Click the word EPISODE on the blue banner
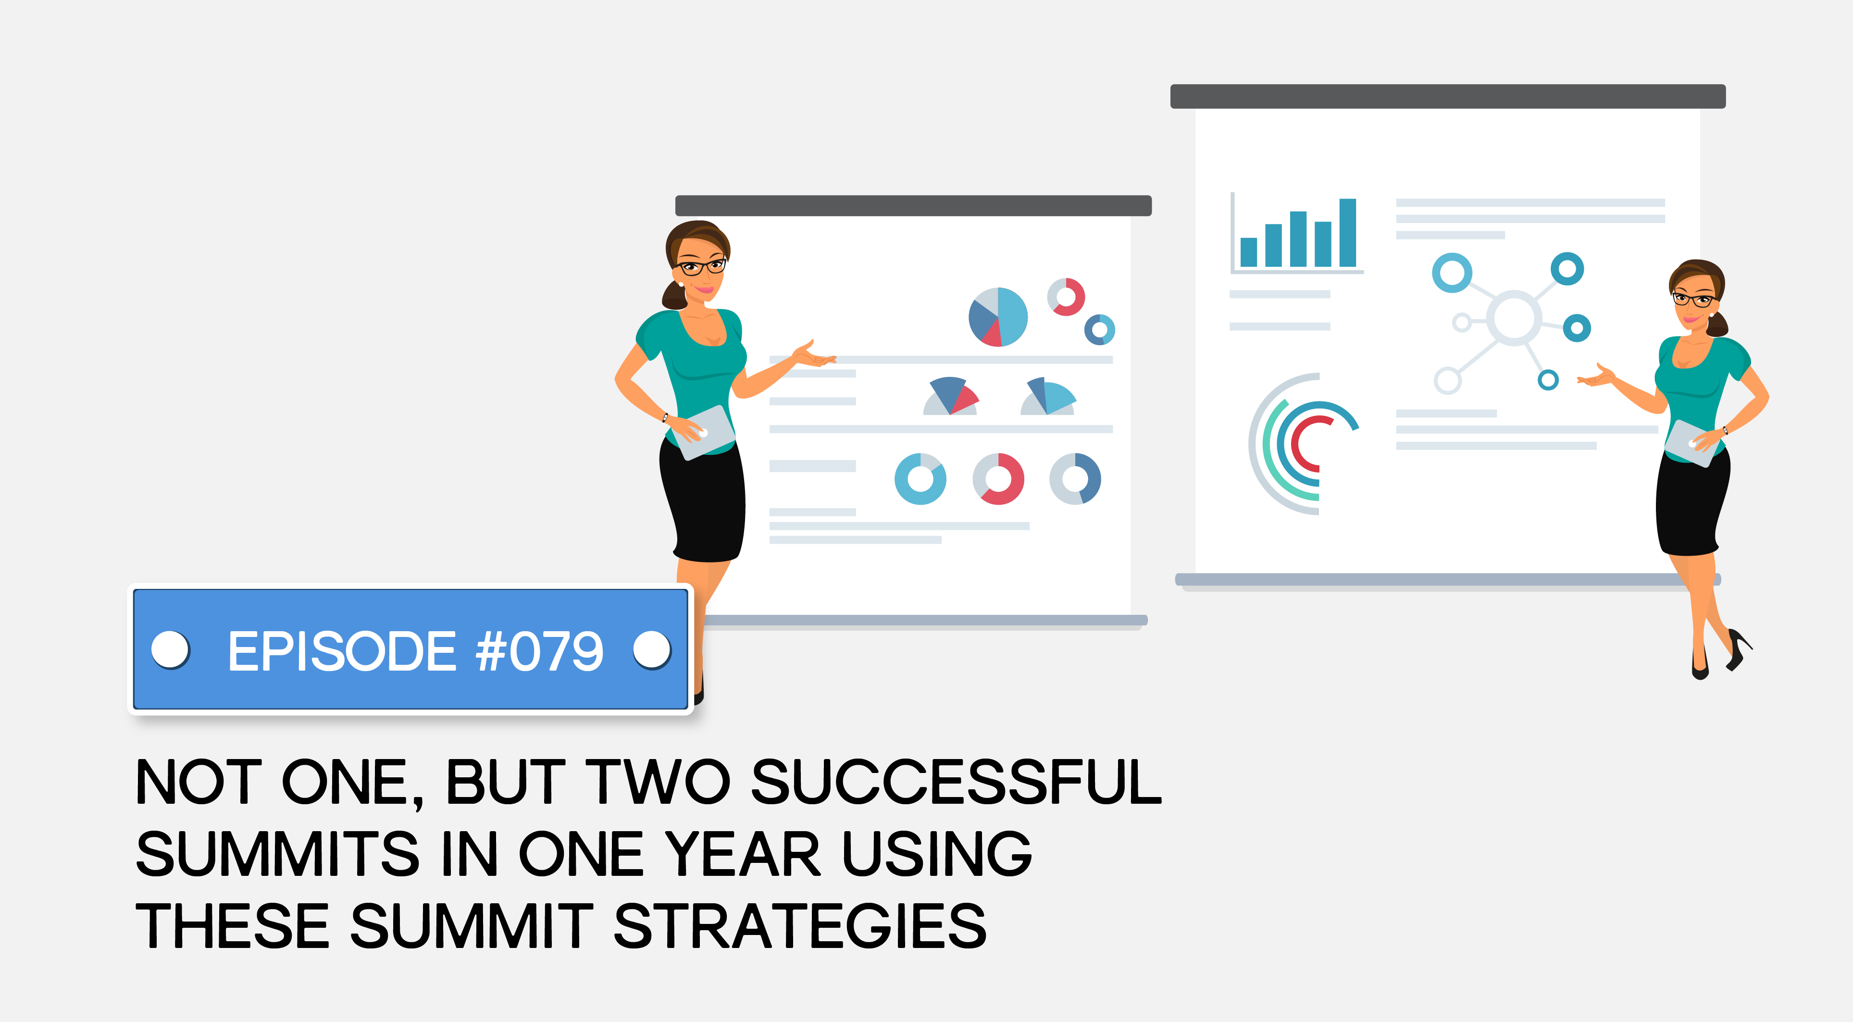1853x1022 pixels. pyautogui.click(x=342, y=651)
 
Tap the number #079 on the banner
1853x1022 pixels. pyautogui.click(x=539, y=651)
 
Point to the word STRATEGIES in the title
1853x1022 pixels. pyautogui.click(x=799, y=926)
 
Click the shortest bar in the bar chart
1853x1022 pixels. pyautogui.click(x=1249, y=252)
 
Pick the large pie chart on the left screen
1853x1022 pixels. pyautogui.click(x=998, y=317)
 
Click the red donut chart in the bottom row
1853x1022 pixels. pyautogui.click(x=998, y=479)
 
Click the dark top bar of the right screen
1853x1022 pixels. pyautogui.click(x=1447, y=96)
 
